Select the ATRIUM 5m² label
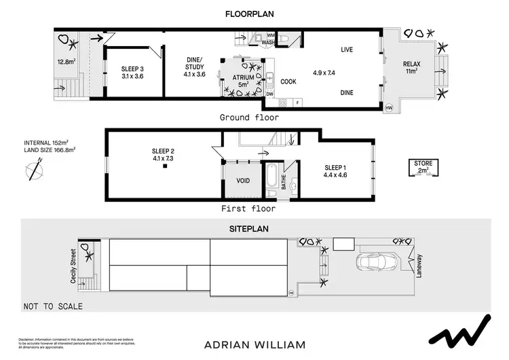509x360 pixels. pyautogui.click(x=242, y=81)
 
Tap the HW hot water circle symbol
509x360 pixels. pyautogui.click(x=388, y=108)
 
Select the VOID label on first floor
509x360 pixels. pyautogui.click(x=242, y=181)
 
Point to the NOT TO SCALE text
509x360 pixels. pyautogui.click(x=53, y=306)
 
